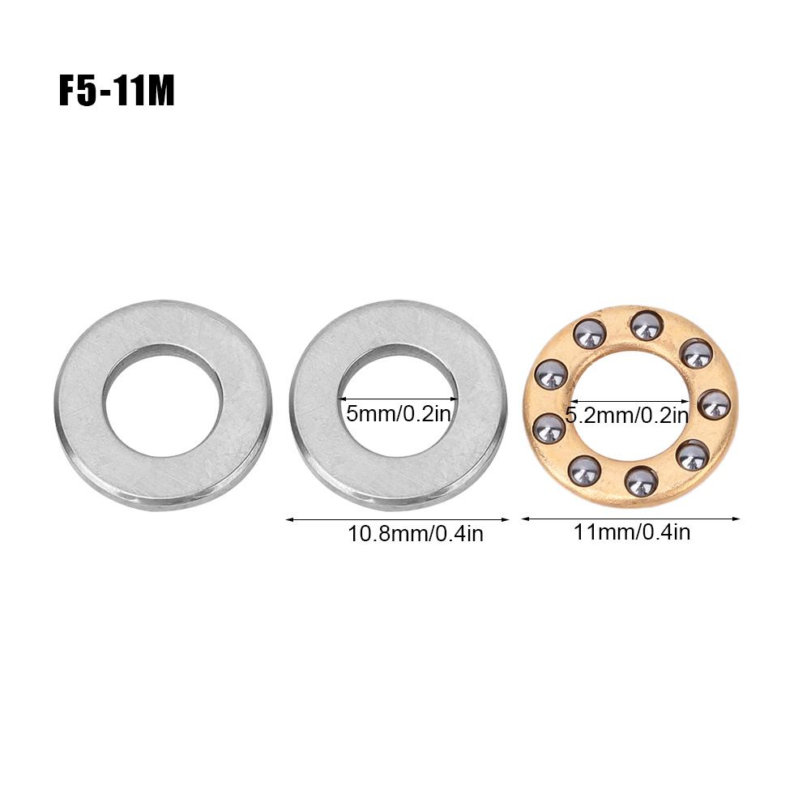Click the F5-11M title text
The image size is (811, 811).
tap(117, 92)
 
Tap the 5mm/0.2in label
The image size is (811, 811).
tap(399, 414)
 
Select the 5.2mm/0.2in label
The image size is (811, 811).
tap(627, 416)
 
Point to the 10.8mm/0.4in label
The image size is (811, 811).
tap(416, 534)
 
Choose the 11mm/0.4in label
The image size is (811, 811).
tap(631, 531)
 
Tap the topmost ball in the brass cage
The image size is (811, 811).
tap(646, 326)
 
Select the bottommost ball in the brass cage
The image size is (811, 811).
tap(642, 481)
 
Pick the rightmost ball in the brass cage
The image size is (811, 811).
tap(714, 403)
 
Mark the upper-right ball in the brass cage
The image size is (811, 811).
tap(696, 353)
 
